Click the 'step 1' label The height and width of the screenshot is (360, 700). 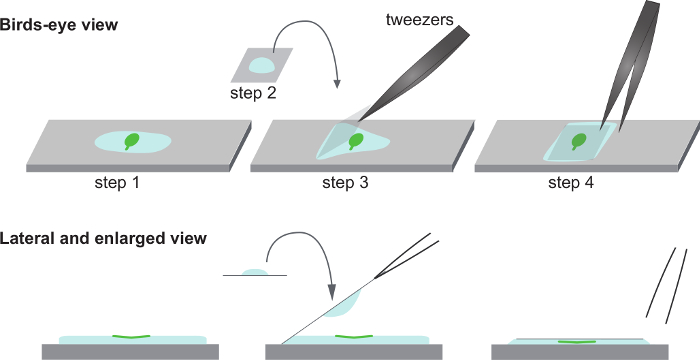[117, 183]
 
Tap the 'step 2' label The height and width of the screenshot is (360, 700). [253, 93]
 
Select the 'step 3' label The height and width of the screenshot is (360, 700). [346, 183]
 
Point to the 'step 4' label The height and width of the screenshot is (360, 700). [571, 183]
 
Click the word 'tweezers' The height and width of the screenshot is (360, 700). [419, 20]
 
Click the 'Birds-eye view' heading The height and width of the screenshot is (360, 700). [58, 25]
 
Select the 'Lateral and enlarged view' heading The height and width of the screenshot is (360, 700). [103, 239]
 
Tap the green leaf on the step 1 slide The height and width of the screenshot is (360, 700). [131, 141]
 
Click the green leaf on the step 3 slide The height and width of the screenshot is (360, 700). [356, 141]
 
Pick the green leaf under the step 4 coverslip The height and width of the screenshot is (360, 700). [579, 141]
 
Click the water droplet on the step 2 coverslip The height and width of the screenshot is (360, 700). [262, 66]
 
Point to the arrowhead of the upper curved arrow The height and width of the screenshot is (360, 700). [337, 84]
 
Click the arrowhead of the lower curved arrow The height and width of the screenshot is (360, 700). [332, 292]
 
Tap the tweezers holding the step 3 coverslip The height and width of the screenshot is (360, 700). [414, 73]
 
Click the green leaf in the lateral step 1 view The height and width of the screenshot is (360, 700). [131, 336]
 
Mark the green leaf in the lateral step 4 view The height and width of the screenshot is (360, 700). [577, 342]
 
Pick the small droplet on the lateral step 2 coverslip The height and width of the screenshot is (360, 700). [254, 272]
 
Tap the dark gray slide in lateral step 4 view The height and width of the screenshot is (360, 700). [580, 352]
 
